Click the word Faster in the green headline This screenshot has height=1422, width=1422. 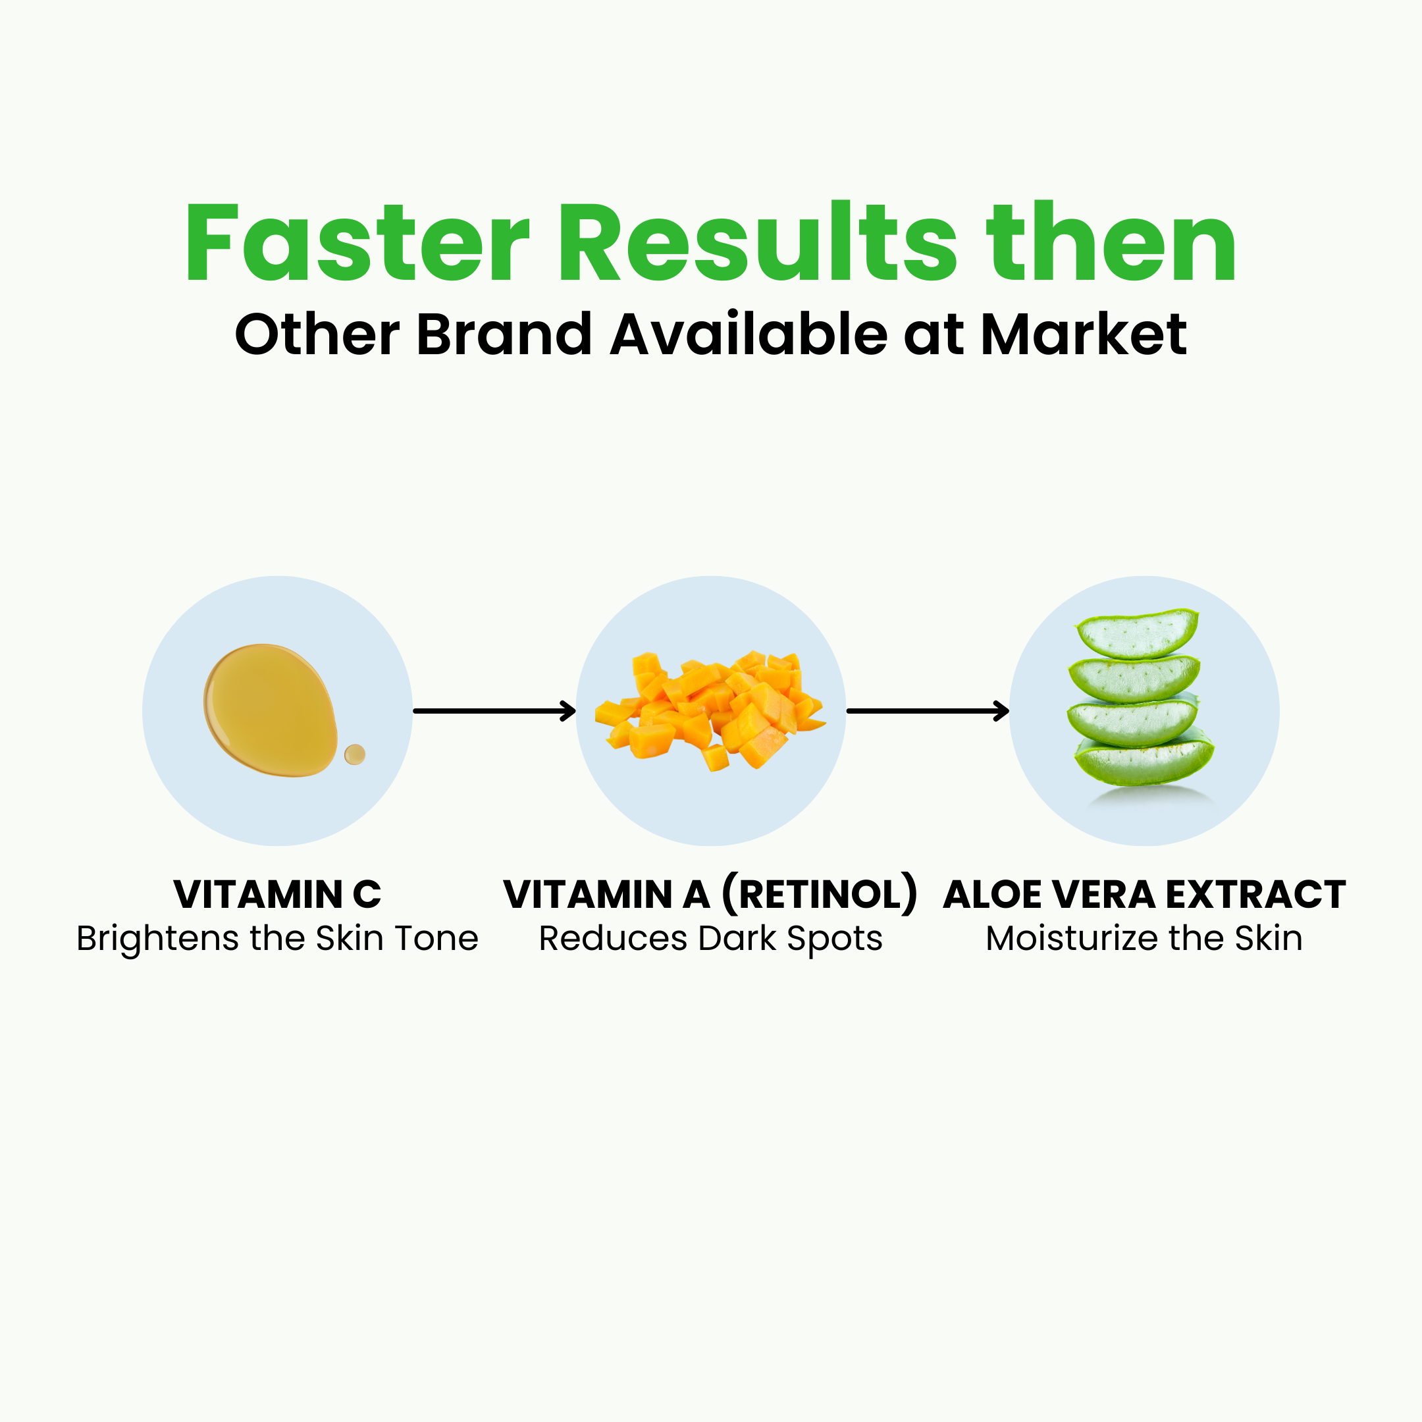click(x=357, y=243)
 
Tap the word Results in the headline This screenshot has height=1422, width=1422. click(x=758, y=243)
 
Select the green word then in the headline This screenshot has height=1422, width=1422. click(x=1111, y=243)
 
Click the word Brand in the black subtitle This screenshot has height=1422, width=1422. click(x=504, y=335)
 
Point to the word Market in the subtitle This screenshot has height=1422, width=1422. click(x=1084, y=335)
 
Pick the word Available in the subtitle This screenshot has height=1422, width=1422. click(x=749, y=335)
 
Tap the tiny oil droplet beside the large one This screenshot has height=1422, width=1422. click(x=355, y=754)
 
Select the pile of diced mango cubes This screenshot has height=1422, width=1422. click(x=710, y=710)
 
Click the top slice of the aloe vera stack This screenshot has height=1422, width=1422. click(x=1136, y=633)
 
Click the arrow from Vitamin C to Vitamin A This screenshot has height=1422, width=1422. click(x=494, y=711)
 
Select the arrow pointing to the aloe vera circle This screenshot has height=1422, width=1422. click(x=928, y=711)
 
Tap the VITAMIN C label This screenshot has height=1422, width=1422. click(x=277, y=895)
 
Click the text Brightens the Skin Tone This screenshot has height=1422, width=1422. click(x=277, y=938)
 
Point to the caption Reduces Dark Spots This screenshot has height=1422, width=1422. click(x=710, y=938)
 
